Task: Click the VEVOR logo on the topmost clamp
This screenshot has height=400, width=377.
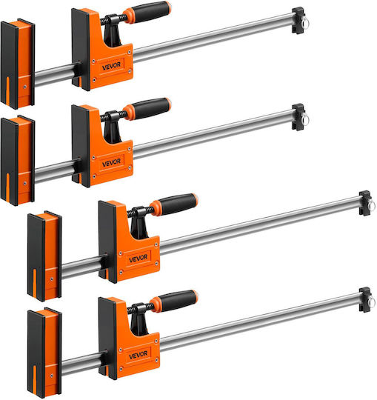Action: click(111, 66)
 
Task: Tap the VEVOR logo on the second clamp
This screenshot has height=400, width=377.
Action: click(111, 162)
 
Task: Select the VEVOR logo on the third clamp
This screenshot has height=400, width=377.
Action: click(139, 259)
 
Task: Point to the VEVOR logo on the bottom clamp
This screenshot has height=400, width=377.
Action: click(139, 355)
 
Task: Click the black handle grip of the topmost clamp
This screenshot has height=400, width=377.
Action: click(152, 11)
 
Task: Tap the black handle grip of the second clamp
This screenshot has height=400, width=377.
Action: click(152, 108)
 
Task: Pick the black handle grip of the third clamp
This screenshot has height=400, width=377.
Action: click(179, 204)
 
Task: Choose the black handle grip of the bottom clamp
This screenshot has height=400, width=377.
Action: click(179, 300)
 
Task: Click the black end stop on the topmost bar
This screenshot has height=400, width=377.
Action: click(298, 21)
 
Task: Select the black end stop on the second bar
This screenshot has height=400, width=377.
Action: click(298, 117)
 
